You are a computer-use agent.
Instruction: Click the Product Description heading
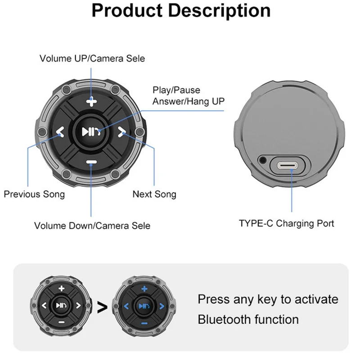[181, 11]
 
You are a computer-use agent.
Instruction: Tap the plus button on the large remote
[91, 102]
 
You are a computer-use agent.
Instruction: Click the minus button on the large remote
[91, 162]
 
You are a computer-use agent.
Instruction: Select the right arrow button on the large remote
[121, 132]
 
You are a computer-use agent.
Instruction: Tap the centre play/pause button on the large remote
[91, 132]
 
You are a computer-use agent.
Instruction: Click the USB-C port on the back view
[288, 165]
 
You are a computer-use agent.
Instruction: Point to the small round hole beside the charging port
[262, 160]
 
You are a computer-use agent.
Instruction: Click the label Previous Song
[35, 194]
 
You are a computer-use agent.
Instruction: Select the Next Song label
[154, 194]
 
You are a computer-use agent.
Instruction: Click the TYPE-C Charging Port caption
[287, 223]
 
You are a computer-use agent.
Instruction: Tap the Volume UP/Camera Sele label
[92, 58]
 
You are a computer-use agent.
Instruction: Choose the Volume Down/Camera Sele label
[92, 226]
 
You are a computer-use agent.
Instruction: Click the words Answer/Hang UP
[189, 101]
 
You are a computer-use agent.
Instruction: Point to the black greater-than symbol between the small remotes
[102, 308]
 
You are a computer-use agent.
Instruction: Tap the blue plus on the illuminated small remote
[144, 289]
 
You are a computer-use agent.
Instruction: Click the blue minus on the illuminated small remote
[144, 324]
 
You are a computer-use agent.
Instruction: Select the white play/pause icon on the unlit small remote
[61, 306]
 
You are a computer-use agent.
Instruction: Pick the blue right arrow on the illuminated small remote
[162, 306]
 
